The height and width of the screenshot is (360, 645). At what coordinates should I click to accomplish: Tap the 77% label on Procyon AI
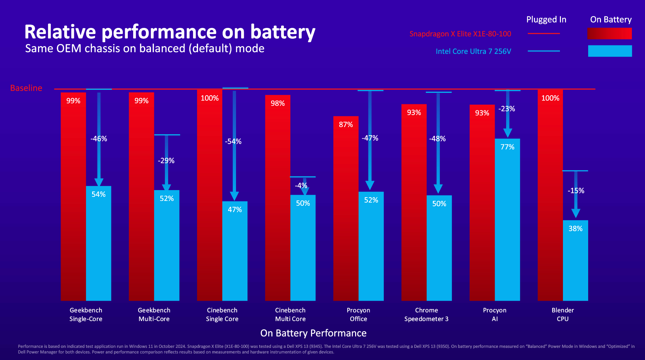coord(507,147)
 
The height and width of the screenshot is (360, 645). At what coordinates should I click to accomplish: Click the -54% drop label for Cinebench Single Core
coord(233,141)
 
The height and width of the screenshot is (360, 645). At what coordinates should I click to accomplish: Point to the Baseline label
coord(26,88)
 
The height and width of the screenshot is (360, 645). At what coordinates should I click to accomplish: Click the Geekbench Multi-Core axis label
coord(154,315)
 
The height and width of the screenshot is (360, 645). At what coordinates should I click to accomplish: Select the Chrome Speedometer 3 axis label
coord(426,315)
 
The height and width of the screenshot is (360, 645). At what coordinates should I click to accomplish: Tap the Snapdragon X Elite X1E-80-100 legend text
coord(460,34)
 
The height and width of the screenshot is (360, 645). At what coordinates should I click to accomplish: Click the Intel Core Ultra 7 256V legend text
coord(473,51)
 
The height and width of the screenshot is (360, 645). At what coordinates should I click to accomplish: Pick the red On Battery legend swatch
coord(609,34)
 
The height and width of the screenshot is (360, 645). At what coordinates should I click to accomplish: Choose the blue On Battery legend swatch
coord(610,51)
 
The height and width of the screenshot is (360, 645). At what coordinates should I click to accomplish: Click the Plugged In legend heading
coord(546,20)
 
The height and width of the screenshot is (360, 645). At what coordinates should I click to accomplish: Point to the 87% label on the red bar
coord(346,125)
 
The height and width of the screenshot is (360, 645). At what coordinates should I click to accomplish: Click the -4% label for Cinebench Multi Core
coord(301,185)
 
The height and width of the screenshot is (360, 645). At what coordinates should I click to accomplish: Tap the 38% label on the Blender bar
coord(575,229)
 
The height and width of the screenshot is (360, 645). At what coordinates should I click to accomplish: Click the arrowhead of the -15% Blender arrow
coord(576,214)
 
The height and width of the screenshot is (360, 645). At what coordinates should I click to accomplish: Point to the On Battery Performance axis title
coord(313,333)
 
